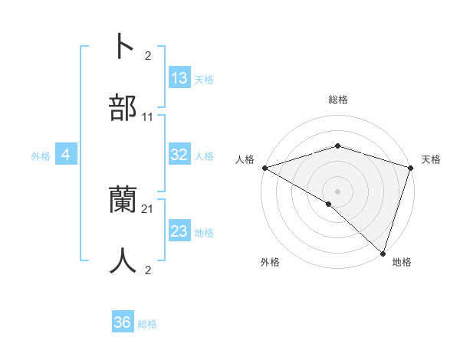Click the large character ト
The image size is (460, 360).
click(123, 47)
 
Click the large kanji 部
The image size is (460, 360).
click(123, 108)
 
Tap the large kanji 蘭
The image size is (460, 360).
click(123, 201)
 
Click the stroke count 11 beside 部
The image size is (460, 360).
click(148, 117)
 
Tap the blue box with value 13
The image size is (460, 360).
click(179, 78)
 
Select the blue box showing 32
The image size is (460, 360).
click(179, 155)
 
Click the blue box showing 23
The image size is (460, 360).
click(179, 231)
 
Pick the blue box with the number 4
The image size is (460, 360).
click(66, 155)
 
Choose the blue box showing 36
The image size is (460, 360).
click(123, 322)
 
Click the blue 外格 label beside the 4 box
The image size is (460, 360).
click(41, 155)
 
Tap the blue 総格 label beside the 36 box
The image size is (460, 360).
click(147, 324)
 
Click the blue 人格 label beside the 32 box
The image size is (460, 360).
click(204, 155)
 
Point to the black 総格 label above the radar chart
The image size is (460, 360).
click(338, 100)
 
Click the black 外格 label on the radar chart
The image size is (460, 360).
click(270, 263)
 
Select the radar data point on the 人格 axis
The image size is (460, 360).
click(264, 168)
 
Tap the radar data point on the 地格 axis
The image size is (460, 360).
click(383, 253)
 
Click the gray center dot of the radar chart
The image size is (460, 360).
click(337, 191)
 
